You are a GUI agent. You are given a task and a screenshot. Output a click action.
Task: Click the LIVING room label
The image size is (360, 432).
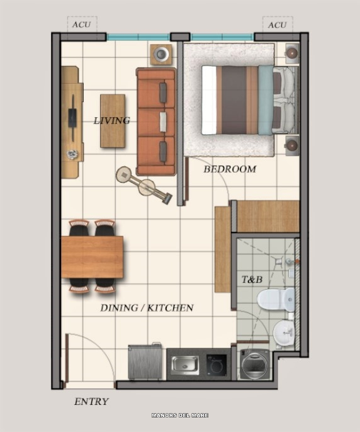coord(111,120)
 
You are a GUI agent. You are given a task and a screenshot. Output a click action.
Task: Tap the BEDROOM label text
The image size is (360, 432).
coord(230,169)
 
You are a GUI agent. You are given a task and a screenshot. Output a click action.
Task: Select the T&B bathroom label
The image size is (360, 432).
coord(252,280)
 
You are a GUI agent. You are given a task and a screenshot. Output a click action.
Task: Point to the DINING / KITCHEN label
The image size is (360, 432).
coord(147,307)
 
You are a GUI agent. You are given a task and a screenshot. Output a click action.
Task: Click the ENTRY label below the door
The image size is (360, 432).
coord(91,401)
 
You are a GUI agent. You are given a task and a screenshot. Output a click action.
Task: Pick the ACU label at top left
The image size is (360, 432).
coord(81,25)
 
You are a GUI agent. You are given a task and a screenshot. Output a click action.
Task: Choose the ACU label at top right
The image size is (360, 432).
coord(277,25)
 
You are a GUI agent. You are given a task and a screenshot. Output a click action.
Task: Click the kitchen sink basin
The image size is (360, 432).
coord(185,365)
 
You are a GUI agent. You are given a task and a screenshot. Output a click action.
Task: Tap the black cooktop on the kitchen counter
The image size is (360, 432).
coord(217,365)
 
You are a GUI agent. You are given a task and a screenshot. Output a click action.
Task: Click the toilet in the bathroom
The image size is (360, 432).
coord(276,300)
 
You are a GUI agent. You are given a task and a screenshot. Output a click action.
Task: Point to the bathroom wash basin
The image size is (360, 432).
coord(284,333)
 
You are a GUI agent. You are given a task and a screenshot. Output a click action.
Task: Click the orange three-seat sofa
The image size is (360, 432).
coord(156,122)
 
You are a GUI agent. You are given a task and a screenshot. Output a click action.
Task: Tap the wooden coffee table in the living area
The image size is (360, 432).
coord(113,121)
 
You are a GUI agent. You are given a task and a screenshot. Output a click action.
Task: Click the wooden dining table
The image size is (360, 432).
coord(92,257)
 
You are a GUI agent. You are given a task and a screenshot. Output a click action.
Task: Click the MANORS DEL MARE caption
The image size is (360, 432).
coord(180,415)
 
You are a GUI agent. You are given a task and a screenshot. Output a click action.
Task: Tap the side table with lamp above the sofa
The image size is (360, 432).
coord(161,54)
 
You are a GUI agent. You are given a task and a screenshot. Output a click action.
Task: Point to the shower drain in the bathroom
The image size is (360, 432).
coord(278,260)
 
